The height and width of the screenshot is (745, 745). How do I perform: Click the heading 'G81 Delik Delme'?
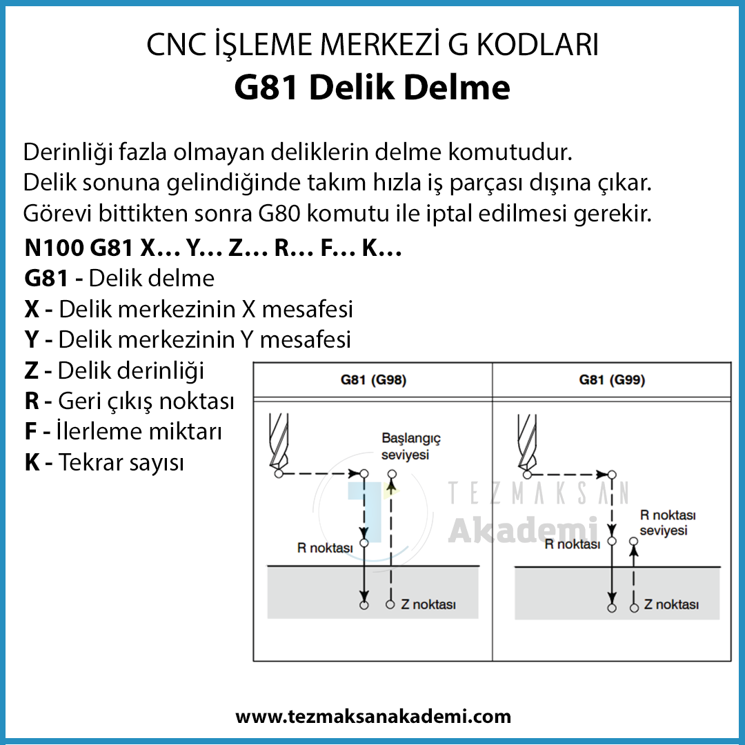point(372,88)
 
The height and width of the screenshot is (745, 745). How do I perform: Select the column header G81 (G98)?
point(373,380)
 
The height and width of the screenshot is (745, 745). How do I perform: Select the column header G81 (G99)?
point(612,380)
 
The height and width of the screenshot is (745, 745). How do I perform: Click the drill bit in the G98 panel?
point(279,441)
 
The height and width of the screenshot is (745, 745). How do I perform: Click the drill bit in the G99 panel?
point(527,442)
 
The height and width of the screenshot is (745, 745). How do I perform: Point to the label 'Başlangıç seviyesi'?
point(411,446)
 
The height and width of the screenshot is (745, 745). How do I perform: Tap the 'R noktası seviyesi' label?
point(668,523)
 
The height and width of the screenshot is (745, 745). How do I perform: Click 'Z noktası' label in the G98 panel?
point(428,604)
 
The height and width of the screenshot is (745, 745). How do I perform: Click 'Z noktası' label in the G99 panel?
point(671,604)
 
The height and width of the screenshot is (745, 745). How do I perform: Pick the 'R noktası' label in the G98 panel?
point(325,548)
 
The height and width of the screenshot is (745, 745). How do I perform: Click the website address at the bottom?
point(373,716)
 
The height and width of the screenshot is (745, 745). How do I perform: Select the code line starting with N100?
point(213,248)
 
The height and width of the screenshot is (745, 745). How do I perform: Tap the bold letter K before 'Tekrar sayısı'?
point(32,462)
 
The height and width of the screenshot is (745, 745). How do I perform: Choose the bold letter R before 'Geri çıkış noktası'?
point(32,401)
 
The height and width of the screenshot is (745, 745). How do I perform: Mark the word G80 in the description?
point(279,214)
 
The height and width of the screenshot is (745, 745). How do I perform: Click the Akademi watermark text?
point(523,529)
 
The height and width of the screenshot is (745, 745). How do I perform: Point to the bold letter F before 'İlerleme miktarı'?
point(30,431)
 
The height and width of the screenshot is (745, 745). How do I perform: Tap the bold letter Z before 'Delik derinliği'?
point(31,370)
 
